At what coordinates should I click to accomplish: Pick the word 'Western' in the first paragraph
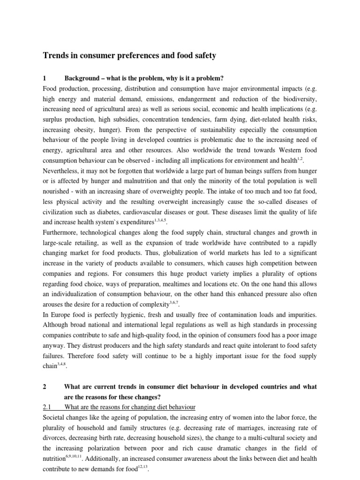[x=279, y=150]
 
